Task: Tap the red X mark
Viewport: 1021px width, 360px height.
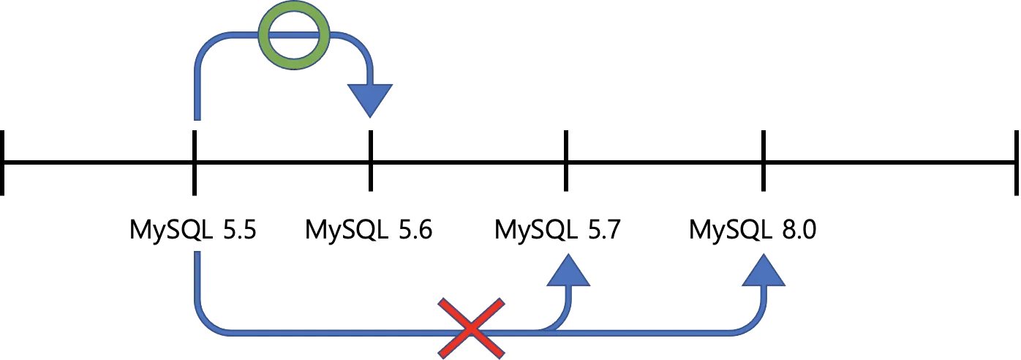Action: click(x=471, y=328)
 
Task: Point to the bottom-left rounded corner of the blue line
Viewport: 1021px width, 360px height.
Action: click(x=207, y=323)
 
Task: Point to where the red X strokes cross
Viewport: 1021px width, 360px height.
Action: click(x=471, y=328)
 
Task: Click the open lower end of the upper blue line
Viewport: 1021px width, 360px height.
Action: click(x=198, y=119)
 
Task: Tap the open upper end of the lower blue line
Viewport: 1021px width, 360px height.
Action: click(x=198, y=251)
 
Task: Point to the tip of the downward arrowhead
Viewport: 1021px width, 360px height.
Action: click(x=370, y=117)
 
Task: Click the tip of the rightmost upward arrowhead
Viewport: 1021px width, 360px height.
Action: click(x=764, y=255)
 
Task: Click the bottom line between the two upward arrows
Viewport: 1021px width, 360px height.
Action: click(x=658, y=332)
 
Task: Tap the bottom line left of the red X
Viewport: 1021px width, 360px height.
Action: click(x=329, y=332)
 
